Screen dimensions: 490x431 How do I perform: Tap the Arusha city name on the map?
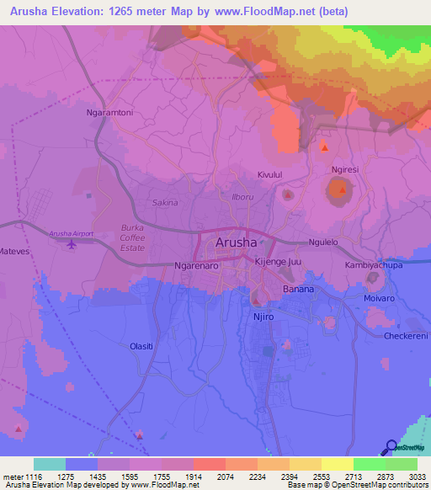click(237, 242)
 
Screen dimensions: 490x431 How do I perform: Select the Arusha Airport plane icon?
click(71, 244)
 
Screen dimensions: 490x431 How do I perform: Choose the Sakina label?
click(165, 203)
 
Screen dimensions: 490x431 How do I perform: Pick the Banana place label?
click(298, 289)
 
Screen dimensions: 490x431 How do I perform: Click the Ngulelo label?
click(322, 242)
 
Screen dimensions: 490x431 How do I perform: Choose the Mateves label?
click(14, 252)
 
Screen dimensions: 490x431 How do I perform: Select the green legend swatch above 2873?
click(369, 464)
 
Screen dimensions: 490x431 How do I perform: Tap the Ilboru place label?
click(242, 197)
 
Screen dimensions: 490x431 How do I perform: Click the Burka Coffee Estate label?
click(132, 238)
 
